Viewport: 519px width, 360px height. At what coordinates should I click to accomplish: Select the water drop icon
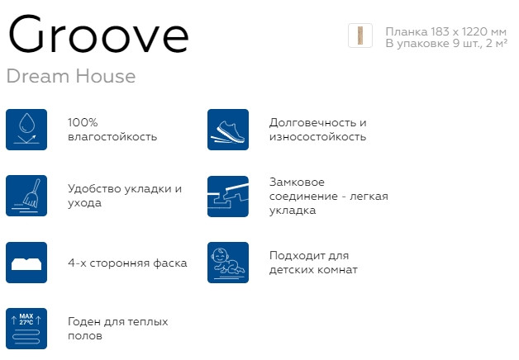26,129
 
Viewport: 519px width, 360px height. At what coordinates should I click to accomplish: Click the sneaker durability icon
228,129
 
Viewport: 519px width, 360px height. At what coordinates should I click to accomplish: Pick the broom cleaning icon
26,196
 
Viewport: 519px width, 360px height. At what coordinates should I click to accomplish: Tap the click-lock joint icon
228,196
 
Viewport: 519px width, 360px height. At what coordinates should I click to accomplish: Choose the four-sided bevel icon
26,263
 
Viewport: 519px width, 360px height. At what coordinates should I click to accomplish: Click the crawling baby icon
228,263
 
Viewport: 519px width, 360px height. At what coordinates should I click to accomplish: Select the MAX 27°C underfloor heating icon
26,329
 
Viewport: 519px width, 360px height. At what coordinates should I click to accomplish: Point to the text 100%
83,122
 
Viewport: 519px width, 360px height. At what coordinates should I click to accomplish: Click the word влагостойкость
112,137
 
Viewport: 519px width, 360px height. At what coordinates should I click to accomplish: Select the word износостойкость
317,137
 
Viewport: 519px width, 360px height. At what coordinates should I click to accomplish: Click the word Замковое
297,182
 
